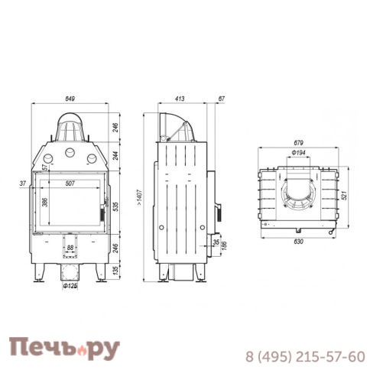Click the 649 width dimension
coord(70,99)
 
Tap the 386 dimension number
coord(45,203)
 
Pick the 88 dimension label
coord(70,246)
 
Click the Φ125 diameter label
coord(70,287)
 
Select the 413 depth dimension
coord(180,99)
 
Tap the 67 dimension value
coord(221,99)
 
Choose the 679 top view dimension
coord(298,141)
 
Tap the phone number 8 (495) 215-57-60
coord(304,355)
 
